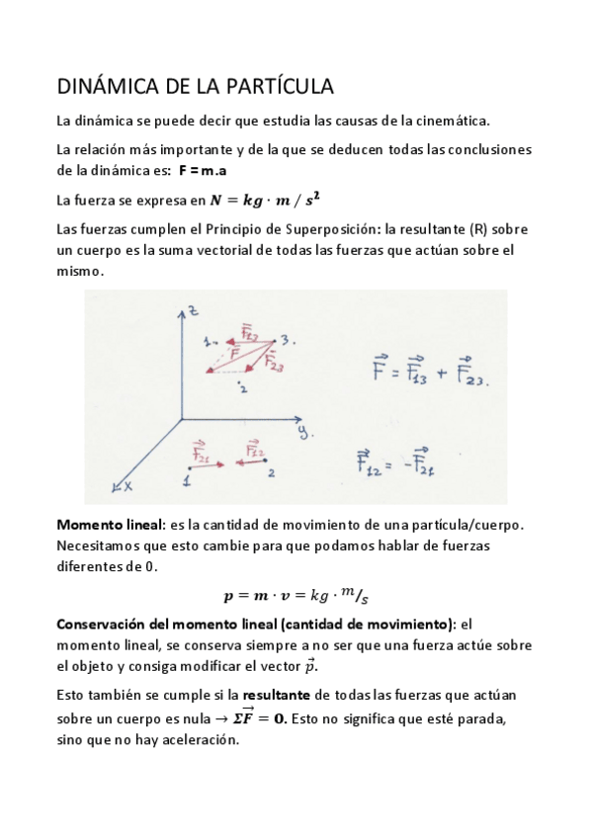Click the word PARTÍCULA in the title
[x=280, y=87]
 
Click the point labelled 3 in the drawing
[x=284, y=340]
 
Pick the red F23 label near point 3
[x=274, y=362]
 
